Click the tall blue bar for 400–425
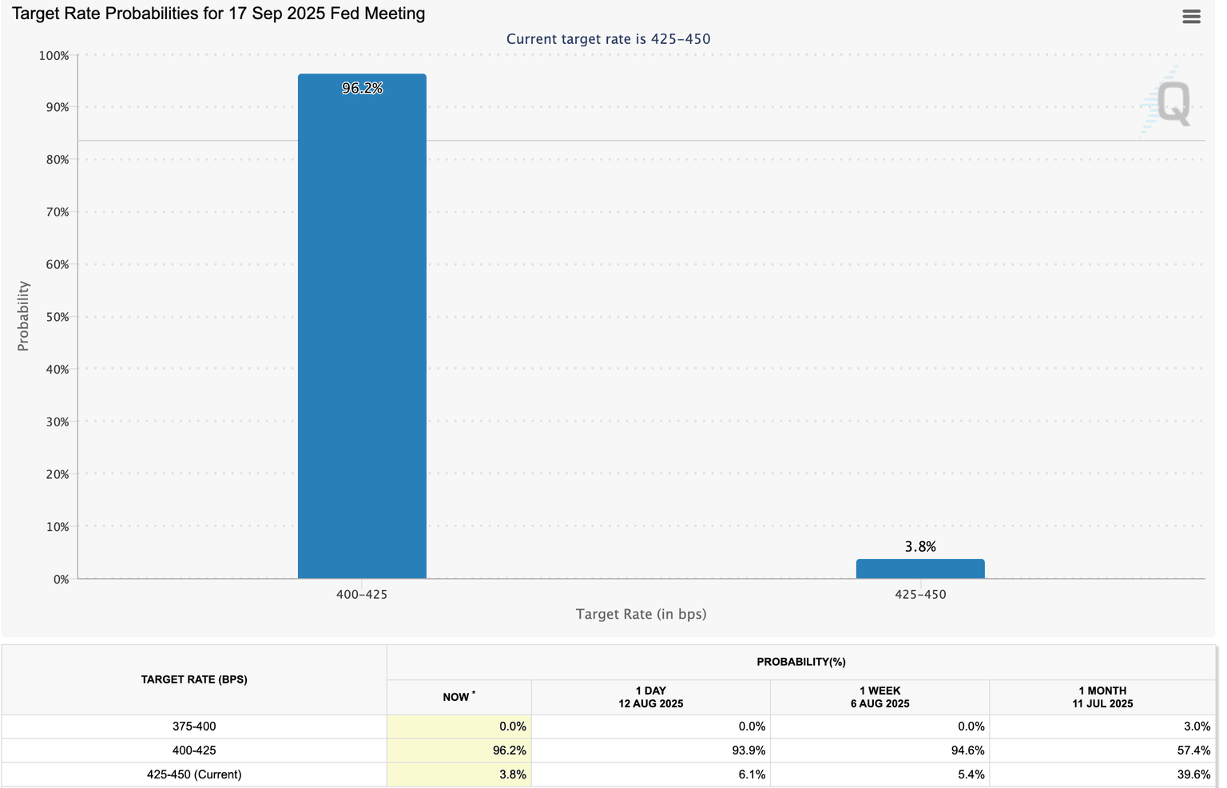[362, 327]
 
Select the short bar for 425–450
[919, 568]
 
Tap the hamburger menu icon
[1191, 17]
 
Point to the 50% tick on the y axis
[57, 317]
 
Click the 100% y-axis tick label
[54, 56]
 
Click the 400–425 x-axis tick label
[362, 595]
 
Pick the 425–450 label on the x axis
[920, 595]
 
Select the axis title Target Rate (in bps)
[641, 614]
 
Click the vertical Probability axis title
[23, 316]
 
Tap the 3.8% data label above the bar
[920, 547]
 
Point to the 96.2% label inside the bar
[362, 89]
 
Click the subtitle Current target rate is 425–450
[608, 39]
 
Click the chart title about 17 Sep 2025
[218, 14]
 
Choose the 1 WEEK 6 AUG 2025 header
[880, 697]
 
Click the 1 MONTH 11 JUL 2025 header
[1102, 697]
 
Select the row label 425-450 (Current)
[194, 774]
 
